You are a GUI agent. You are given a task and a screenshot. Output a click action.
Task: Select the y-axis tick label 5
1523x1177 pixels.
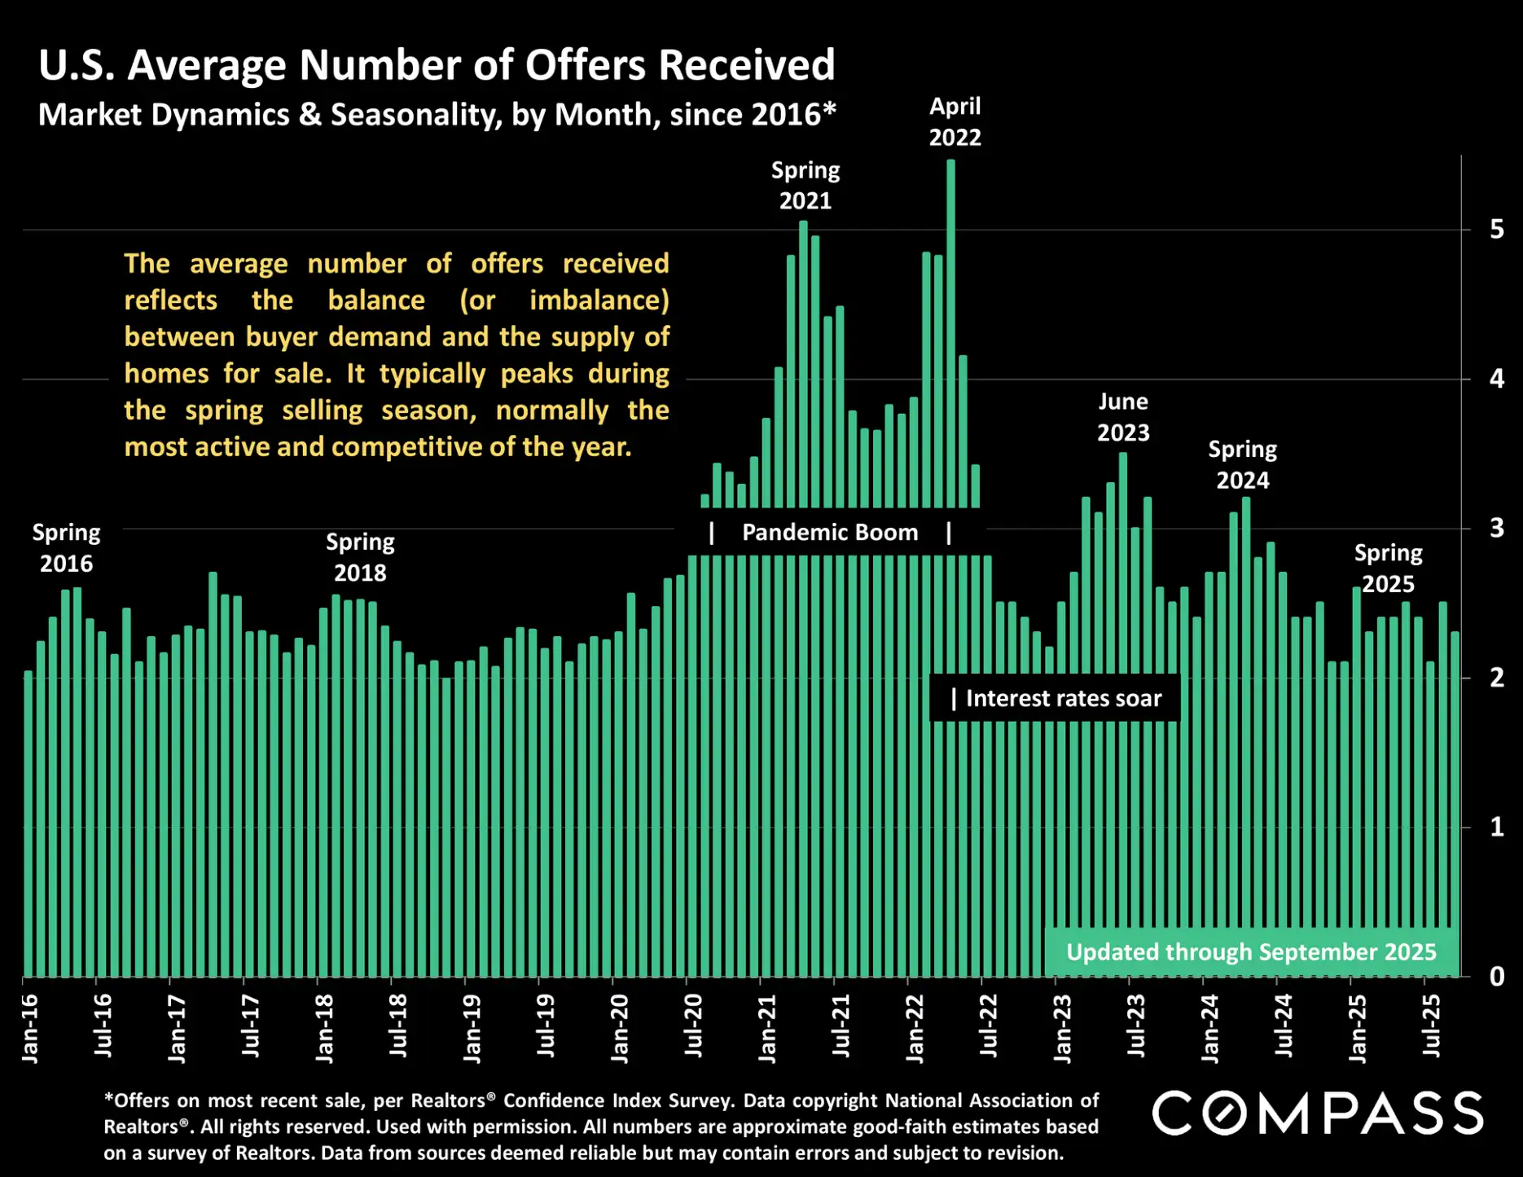1497,230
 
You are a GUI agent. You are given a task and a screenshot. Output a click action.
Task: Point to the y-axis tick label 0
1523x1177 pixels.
1497,977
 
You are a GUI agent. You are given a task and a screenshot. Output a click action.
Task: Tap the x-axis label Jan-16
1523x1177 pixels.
30,1028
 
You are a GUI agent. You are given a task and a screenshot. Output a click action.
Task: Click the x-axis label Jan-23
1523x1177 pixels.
1063,1028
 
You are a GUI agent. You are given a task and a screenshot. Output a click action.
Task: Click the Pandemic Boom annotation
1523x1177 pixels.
830,533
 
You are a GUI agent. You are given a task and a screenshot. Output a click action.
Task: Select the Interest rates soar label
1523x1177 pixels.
1063,699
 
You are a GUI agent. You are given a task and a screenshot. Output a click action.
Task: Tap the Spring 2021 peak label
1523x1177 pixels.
805,186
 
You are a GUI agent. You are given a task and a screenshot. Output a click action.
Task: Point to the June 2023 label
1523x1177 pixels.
1123,417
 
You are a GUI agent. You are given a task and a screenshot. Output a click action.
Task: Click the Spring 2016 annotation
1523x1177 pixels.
67,548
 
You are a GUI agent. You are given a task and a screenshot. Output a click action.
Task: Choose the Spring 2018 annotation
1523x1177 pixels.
360,557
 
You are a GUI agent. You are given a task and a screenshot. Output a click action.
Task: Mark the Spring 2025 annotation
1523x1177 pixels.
1388,569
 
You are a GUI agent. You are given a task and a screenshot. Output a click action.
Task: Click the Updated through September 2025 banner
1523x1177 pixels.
1251,952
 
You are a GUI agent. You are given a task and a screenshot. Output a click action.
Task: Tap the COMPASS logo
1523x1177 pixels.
1317,1113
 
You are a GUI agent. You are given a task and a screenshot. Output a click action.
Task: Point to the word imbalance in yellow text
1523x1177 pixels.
599,301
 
